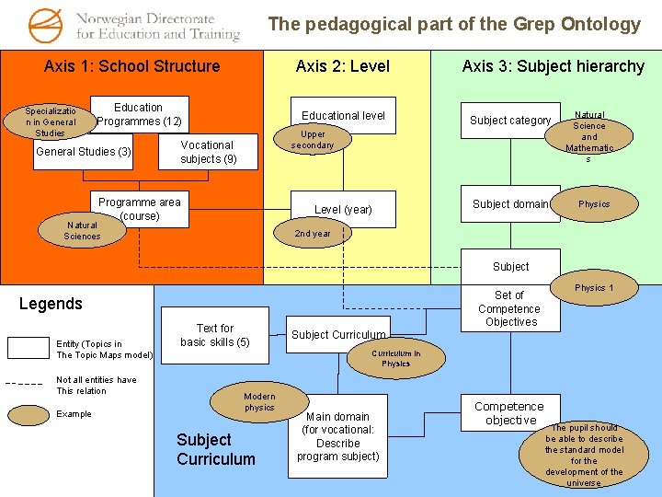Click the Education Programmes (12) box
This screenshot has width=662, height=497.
point(139,114)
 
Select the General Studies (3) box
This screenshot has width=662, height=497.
point(83,152)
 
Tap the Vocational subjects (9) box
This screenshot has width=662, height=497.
point(207,152)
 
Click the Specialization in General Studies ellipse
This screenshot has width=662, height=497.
point(51,121)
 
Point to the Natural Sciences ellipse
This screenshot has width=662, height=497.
point(82,230)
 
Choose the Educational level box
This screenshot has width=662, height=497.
point(343,115)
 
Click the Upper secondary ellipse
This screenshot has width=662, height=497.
point(313,140)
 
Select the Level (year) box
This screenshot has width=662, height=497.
point(343,209)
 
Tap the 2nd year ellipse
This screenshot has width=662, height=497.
point(313,234)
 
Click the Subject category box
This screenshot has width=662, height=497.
point(510,121)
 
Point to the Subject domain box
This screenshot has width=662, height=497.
point(510,204)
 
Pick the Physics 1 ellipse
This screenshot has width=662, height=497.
point(594,288)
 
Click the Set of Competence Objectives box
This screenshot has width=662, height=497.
point(508,308)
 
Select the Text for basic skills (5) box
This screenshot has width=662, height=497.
point(215,335)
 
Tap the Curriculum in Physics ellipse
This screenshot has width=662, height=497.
point(395,358)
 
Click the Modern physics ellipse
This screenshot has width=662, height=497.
point(259,402)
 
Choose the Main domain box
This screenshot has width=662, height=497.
point(337,436)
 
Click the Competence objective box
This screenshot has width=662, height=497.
point(508,413)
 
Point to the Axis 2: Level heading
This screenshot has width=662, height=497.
point(342,66)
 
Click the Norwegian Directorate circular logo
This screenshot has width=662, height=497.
point(47,25)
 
